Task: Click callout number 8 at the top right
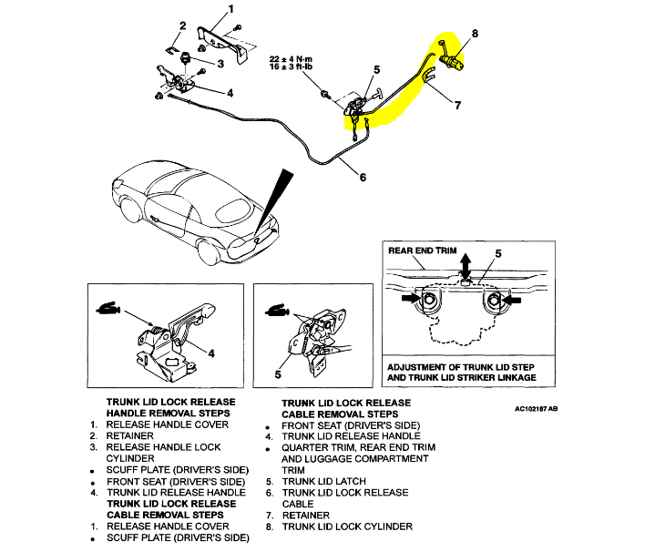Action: (474, 34)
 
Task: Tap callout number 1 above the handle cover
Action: (230, 9)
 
